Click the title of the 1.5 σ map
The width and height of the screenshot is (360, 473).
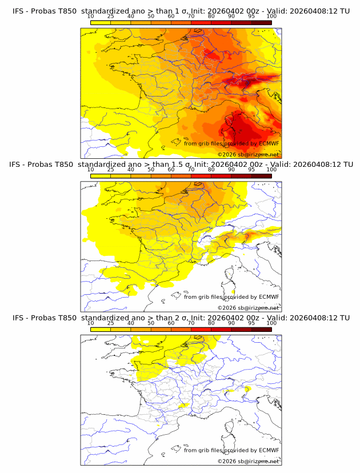[181, 165]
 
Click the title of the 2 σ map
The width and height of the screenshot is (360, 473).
[181, 318]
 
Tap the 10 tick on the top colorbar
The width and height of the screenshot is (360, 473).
[91, 16]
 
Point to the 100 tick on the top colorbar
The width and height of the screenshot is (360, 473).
[271, 16]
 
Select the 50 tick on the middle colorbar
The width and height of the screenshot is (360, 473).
[151, 170]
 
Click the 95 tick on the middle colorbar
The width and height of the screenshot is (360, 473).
[251, 170]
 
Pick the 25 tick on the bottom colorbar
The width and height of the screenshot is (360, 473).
[111, 323]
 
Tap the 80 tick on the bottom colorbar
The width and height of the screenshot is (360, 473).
[211, 323]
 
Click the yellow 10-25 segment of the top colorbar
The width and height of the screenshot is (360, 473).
[101, 22]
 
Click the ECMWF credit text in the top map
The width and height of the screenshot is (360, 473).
[231, 143]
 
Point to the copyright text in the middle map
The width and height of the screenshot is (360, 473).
[248, 308]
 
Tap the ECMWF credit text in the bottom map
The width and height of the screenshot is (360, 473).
[231, 450]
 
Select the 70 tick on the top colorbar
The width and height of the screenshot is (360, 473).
[191, 16]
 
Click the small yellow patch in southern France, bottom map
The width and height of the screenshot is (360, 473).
[183, 405]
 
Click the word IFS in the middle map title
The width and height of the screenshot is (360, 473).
[19, 165]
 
